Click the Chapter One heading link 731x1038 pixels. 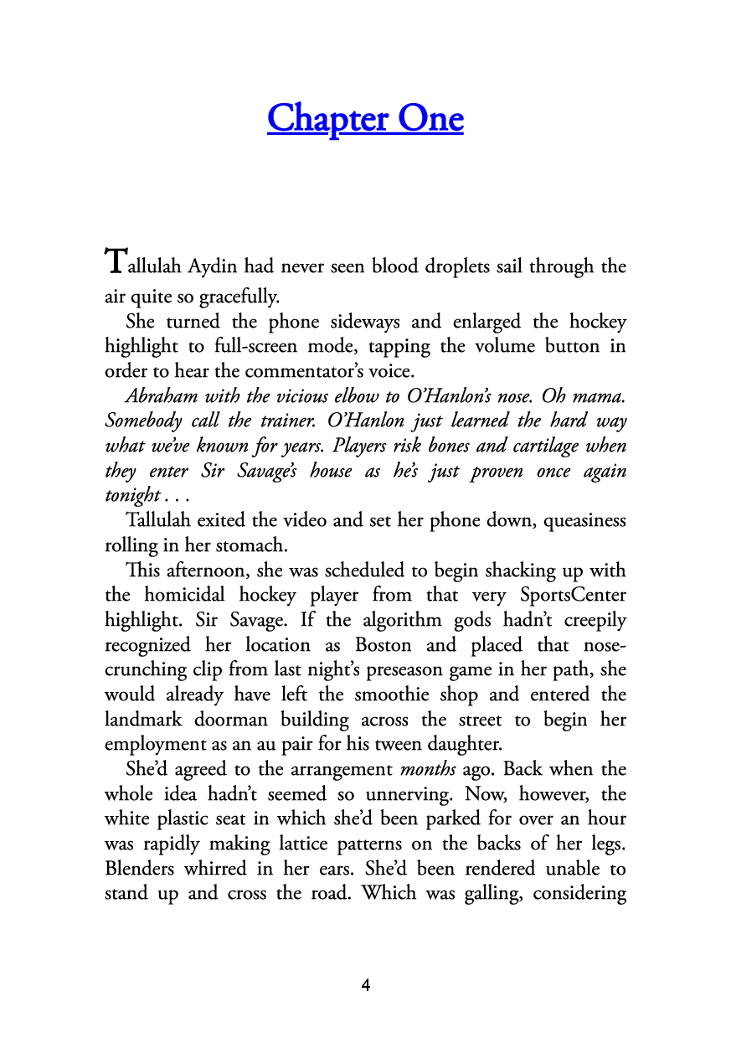365,118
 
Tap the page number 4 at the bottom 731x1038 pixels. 365,985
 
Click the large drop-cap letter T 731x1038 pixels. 116,261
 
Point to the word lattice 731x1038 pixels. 370,844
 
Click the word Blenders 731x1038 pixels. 140,869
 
